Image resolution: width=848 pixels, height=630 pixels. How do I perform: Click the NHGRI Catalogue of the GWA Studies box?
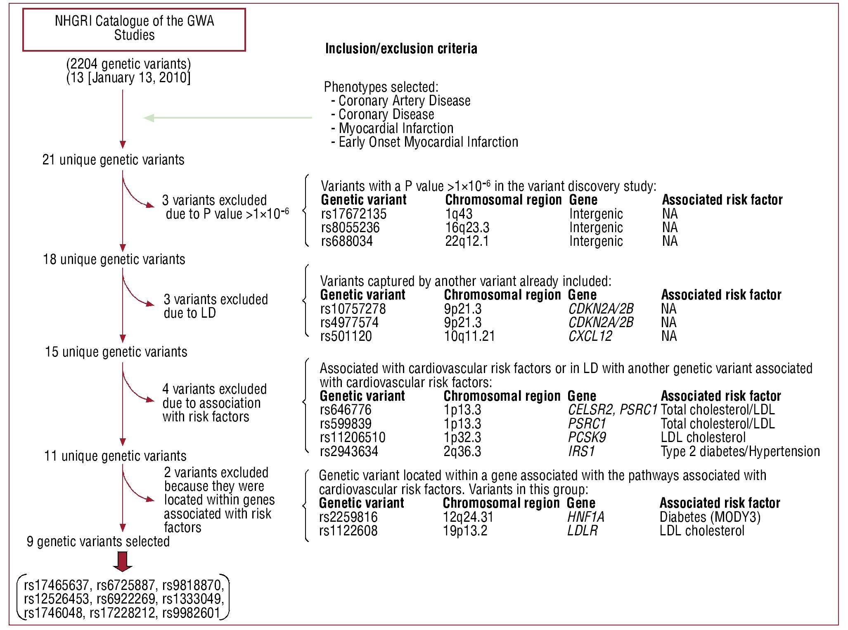pos(134,29)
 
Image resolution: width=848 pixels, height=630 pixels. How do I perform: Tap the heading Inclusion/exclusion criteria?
pos(401,49)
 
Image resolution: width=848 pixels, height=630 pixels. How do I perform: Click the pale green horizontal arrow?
pos(227,118)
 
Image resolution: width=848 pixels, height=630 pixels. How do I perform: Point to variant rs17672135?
pos(354,214)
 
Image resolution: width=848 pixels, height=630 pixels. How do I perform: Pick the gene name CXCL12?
pos(590,336)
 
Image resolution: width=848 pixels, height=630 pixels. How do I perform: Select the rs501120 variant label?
pos(346,336)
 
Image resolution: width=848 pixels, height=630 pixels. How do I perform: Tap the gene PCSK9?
pos(587,437)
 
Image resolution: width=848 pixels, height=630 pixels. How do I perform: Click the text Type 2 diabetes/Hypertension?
pos(740,452)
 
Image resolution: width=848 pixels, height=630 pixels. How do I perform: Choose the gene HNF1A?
pos(585,517)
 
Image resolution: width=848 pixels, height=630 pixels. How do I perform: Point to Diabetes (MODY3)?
pos(710,517)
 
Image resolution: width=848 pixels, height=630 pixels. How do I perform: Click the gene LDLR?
pos(582,531)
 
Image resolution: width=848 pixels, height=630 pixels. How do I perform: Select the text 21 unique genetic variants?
pos(113,160)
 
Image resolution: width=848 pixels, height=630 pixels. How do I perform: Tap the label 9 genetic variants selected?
pos(98,542)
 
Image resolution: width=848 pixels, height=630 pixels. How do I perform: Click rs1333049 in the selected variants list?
pos(193,599)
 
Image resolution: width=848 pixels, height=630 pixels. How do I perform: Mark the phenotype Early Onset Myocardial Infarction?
pos(428,142)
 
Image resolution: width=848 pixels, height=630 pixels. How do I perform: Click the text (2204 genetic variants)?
pos(128,64)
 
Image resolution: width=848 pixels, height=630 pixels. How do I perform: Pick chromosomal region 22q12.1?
pos(467,241)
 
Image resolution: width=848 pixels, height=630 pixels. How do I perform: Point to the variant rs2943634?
pos(349,452)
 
